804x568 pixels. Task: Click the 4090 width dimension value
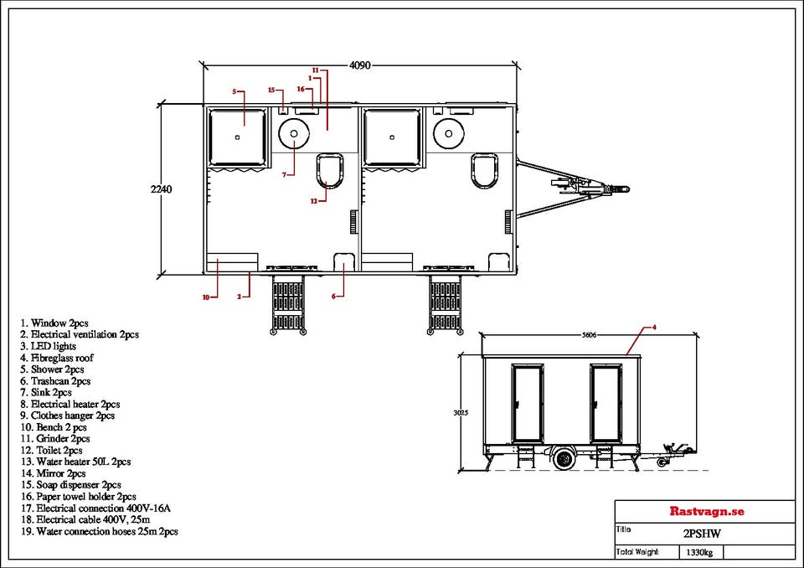click(359, 65)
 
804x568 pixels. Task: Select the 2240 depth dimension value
click(161, 188)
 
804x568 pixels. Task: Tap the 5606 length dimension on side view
click(589, 335)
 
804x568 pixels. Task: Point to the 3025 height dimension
click(461, 412)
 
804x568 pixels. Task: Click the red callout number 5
click(234, 92)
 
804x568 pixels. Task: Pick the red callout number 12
click(314, 201)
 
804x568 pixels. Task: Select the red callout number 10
click(206, 297)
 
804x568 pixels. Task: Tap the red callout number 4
click(654, 327)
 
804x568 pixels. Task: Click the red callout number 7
click(284, 174)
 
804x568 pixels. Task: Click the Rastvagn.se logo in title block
click(706, 511)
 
